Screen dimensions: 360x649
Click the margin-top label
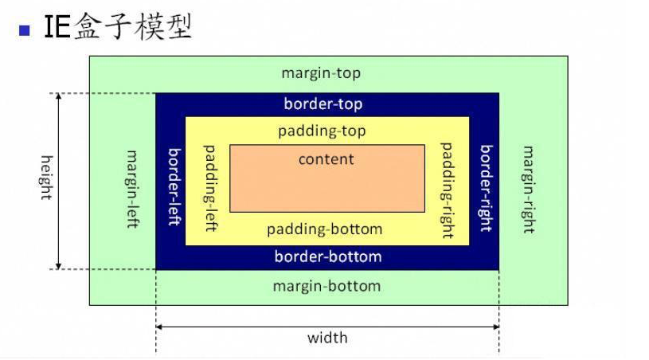click(321, 73)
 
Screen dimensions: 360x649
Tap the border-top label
click(323, 104)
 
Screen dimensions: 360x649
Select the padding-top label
click(323, 130)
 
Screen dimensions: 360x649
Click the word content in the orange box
click(326, 159)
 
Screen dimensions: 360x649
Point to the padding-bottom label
click(324, 229)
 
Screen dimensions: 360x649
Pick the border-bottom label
click(327, 256)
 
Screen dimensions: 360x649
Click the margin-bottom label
click(326, 286)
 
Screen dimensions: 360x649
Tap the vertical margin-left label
click(133, 189)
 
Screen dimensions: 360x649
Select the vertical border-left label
click(172, 186)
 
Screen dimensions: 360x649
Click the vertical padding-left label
click(211, 188)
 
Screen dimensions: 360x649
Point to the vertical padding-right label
click(447, 190)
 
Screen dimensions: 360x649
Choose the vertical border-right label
click(485, 188)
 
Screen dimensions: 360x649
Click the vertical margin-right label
click(527, 190)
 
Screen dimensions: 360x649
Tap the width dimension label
click(327, 338)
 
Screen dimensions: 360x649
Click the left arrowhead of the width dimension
click(159, 327)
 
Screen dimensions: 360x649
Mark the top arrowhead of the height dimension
click(58, 97)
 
